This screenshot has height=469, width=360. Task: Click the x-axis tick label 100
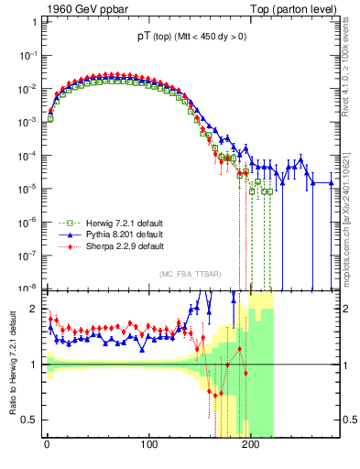click(x=148, y=445)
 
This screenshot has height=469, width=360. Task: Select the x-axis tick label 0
click(x=47, y=445)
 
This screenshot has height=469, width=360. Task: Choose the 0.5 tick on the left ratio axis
click(x=30, y=420)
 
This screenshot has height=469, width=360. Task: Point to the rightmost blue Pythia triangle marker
click(x=332, y=183)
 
